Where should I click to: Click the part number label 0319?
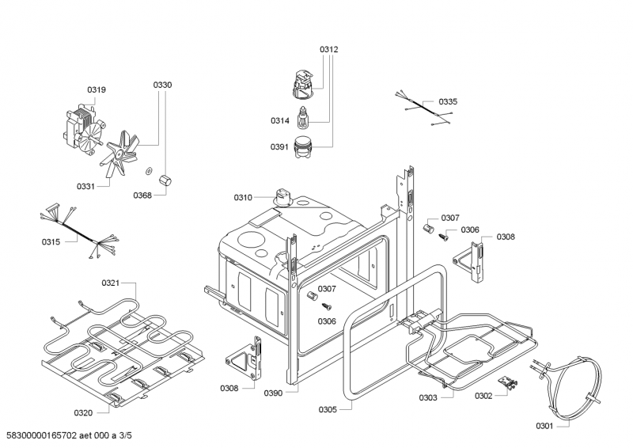click(x=96, y=89)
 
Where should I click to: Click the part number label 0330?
click(x=162, y=85)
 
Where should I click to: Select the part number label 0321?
click(x=110, y=283)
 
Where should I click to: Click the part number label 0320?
click(x=84, y=413)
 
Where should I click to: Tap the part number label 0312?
click(x=328, y=49)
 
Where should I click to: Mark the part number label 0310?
click(x=243, y=197)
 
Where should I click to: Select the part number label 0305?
click(x=328, y=409)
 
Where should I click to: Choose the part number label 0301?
click(x=544, y=426)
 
